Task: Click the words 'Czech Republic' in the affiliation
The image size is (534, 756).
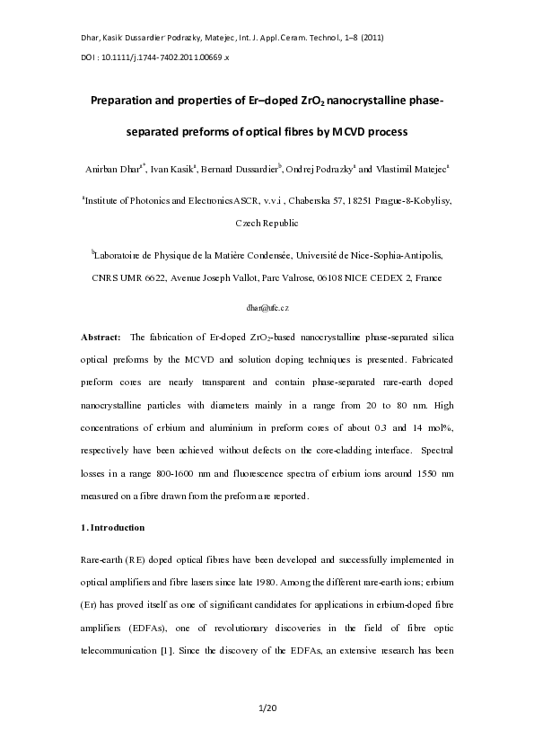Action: pos(267,223)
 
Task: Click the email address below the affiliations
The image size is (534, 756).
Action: pos(267,307)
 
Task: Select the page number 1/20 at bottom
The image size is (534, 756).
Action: pos(267,709)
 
